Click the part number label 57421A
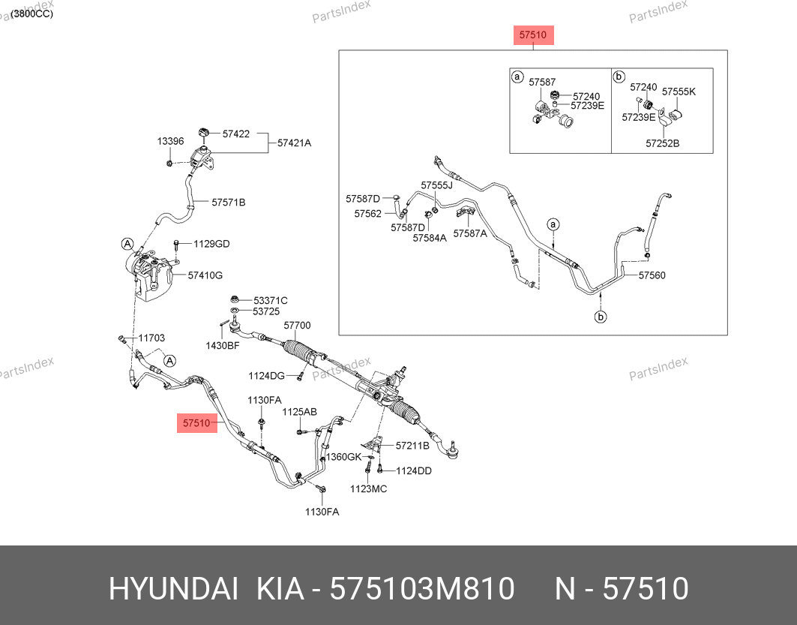click(x=294, y=143)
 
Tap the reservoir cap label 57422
click(x=236, y=134)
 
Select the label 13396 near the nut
click(x=170, y=141)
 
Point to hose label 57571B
click(x=228, y=203)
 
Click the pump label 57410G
click(x=205, y=275)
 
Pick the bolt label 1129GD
click(x=211, y=244)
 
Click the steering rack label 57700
click(x=297, y=326)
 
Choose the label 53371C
click(x=271, y=301)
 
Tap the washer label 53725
click(x=266, y=311)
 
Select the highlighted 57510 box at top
click(x=533, y=35)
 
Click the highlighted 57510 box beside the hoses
click(x=196, y=423)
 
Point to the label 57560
click(x=652, y=275)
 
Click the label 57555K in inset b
click(x=679, y=92)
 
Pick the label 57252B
click(x=662, y=143)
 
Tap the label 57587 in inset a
click(x=542, y=82)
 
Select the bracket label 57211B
click(x=412, y=446)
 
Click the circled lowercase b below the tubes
click(x=601, y=317)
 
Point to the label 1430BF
click(x=222, y=346)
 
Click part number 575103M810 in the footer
click(x=422, y=589)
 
